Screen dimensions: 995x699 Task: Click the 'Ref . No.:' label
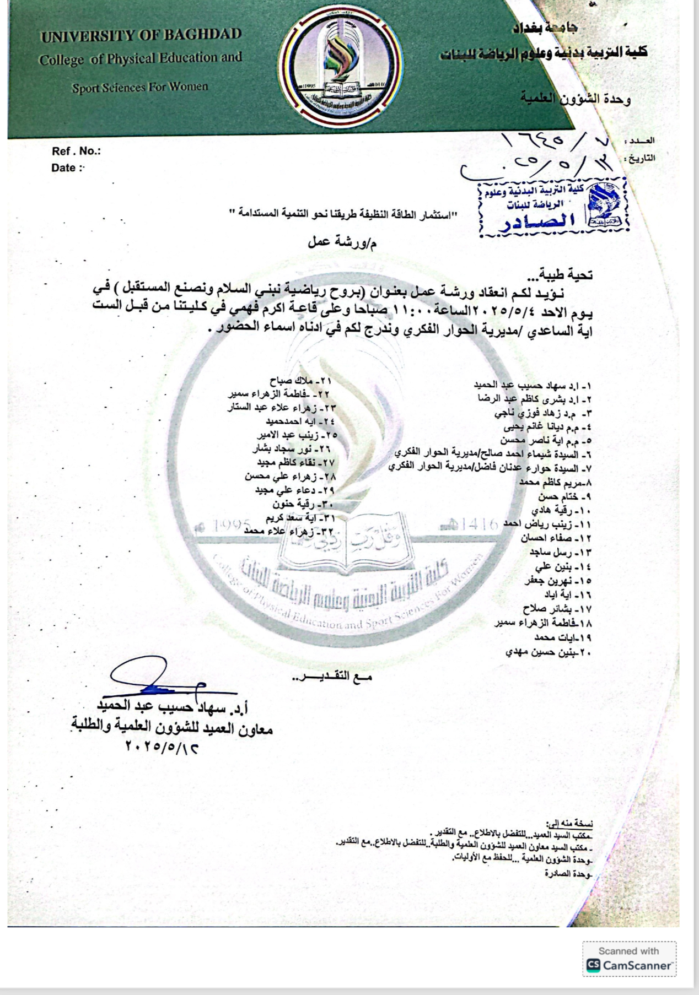[76, 151]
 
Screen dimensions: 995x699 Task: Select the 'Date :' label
[68, 167]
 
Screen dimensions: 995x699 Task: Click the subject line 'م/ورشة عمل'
[342, 241]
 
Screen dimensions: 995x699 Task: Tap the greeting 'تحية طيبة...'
[566, 273]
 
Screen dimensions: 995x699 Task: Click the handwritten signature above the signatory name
[157, 680]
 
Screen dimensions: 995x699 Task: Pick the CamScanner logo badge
[629, 965]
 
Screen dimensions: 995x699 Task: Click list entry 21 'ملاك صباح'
[300, 381]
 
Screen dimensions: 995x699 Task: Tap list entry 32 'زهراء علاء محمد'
[289, 531]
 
